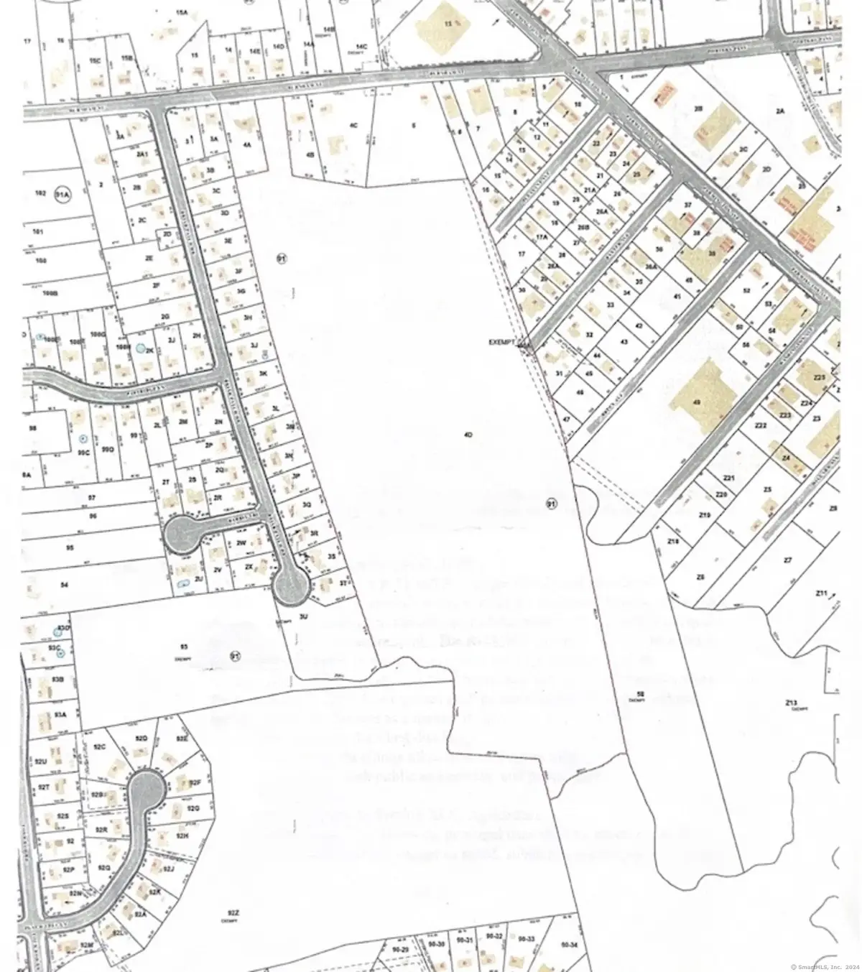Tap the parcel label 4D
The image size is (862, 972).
(468, 435)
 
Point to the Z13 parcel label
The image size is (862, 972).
(792, 702)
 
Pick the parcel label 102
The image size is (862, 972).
(40, 193)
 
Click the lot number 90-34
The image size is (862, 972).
(568, 944)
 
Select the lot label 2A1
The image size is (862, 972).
(142, 154)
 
